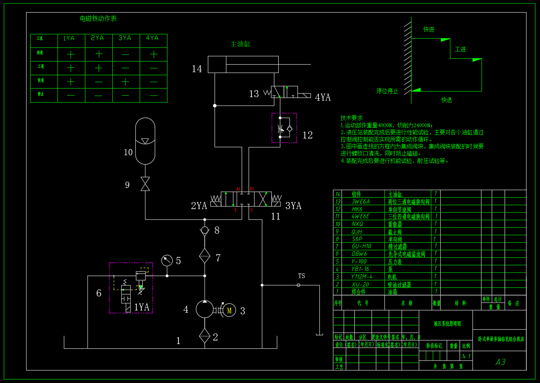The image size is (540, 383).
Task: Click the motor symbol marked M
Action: [x=229, y=310]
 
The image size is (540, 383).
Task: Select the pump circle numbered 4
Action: [x=205, y=310]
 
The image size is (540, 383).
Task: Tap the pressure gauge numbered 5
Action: [x=167, y=261]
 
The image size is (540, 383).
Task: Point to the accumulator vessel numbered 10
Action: [x=145, y=141]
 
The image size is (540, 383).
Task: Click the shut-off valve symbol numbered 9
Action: [x=145, y=184]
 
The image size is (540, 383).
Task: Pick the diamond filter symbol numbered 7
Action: [x=205, y=256]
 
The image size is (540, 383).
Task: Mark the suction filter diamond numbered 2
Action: [x=205, y=336]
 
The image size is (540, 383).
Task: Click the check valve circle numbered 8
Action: [x=205, y=230]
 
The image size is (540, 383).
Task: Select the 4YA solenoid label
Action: [x=323, y=98]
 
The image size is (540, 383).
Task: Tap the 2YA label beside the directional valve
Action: [x=199, y=206]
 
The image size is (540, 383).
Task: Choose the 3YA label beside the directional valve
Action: [x=294, y=206]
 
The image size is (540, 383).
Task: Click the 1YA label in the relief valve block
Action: [x=142, y=307]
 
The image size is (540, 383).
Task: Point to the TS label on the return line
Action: [x=301, y=276]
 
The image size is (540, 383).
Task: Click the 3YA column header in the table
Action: [x=125, y=38]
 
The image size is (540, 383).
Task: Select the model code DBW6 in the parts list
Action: [x=359, y=254]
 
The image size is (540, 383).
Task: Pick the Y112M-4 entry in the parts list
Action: [x=362, y=277]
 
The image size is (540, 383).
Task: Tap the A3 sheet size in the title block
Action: [x=500, y=362]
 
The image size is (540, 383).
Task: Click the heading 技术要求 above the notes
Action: [x=352, y=118]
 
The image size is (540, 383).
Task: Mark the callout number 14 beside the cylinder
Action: [x=197, y=69]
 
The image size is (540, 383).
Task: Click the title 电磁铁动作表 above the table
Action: [x=98, y=19]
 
